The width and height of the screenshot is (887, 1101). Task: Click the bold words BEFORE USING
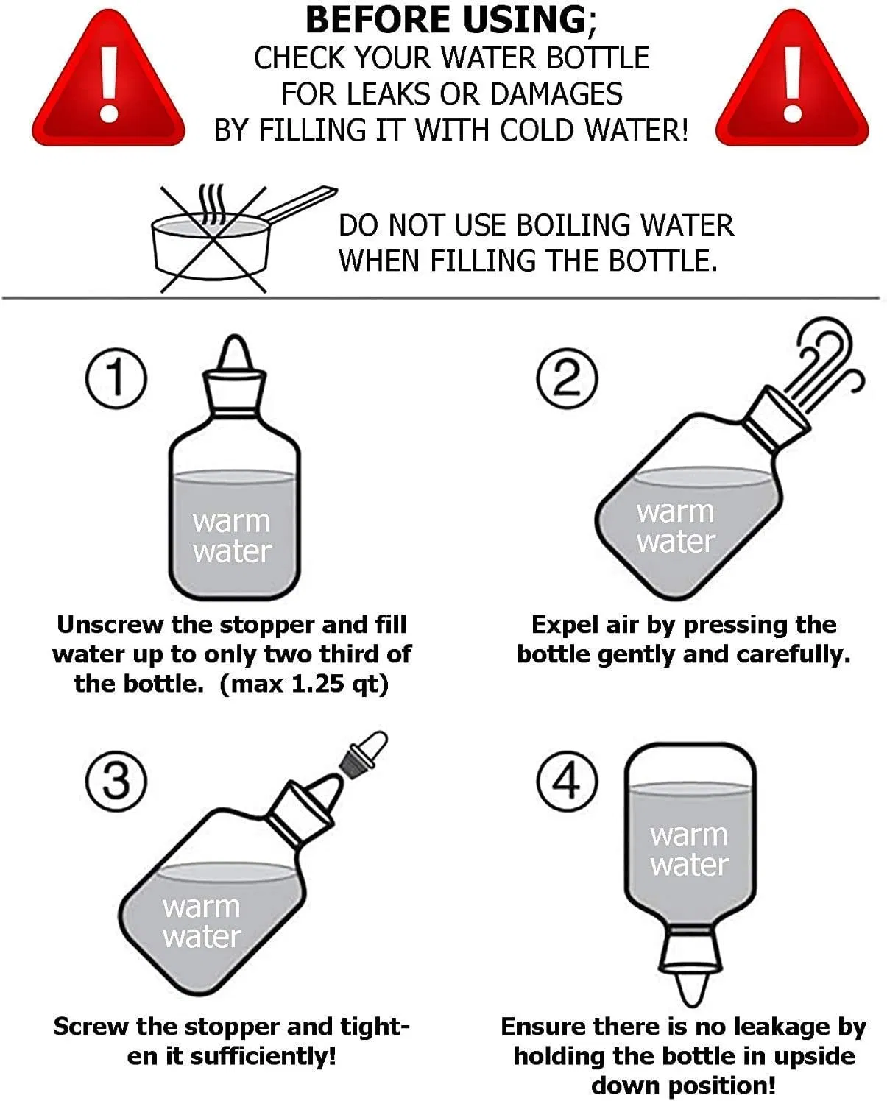pyautogui.click(x=446, y=20)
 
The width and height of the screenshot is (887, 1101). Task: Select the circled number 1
pyautogui.click(x=116, y=378)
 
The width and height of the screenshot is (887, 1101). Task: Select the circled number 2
pyautogui.click(x=566, y=378)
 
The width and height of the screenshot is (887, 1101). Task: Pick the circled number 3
pyautogui.click(x=116, y=781)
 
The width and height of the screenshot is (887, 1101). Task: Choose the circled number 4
pyautogui.click(x=566, y=781)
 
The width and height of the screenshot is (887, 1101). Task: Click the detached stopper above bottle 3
pyautogui.click(x=363, y=751)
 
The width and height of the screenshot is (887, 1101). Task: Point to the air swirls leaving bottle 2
pyautogui.click(x=824, y=364)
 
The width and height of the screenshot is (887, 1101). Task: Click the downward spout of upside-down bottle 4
pyautogui.click(x=690, y=986)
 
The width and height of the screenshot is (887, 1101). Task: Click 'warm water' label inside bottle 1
pyautogui.click(x=232, y=536)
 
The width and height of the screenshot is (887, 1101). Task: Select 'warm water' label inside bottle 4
pyautogui.click(x=689, y=849)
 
